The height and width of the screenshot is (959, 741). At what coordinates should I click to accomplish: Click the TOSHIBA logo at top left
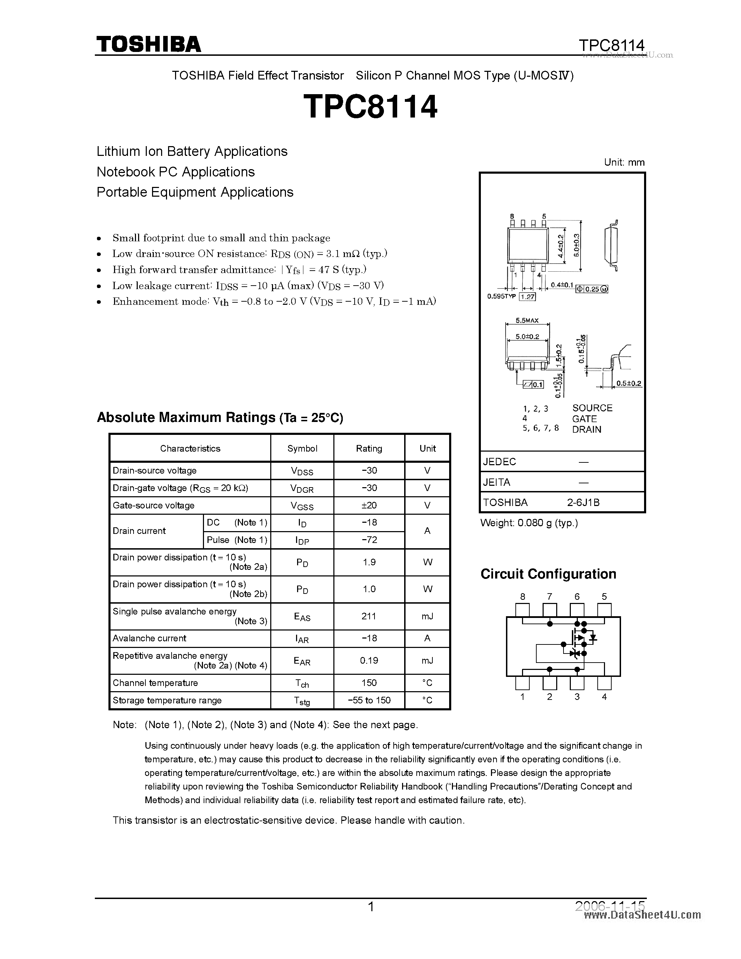149,44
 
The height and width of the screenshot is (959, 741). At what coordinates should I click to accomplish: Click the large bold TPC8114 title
370,107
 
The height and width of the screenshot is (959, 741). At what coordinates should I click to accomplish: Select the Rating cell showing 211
369,616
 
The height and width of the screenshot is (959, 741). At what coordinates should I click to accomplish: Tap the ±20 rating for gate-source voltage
369,505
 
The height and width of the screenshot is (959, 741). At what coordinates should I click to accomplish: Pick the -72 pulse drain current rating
369,540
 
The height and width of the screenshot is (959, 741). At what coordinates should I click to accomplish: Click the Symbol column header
302,448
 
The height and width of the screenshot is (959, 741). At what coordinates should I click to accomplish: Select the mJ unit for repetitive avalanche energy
427,660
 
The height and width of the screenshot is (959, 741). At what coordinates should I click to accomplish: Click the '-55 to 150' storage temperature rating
369,700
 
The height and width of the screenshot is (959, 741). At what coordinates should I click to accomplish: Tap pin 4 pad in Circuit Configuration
604,683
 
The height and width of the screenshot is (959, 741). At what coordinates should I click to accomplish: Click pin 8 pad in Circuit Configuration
522,610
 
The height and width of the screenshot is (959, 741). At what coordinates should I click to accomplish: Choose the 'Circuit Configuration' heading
548,574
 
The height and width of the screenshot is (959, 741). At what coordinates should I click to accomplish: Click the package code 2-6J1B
583,502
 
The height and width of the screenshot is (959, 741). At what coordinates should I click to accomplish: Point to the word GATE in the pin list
584,419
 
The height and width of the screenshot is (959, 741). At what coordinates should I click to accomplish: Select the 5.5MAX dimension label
527,320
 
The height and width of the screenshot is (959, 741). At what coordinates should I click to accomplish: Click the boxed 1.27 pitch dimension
528,297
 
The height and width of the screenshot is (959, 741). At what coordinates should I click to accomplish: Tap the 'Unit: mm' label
624,162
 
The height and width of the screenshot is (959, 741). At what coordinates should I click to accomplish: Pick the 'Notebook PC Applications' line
176,172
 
